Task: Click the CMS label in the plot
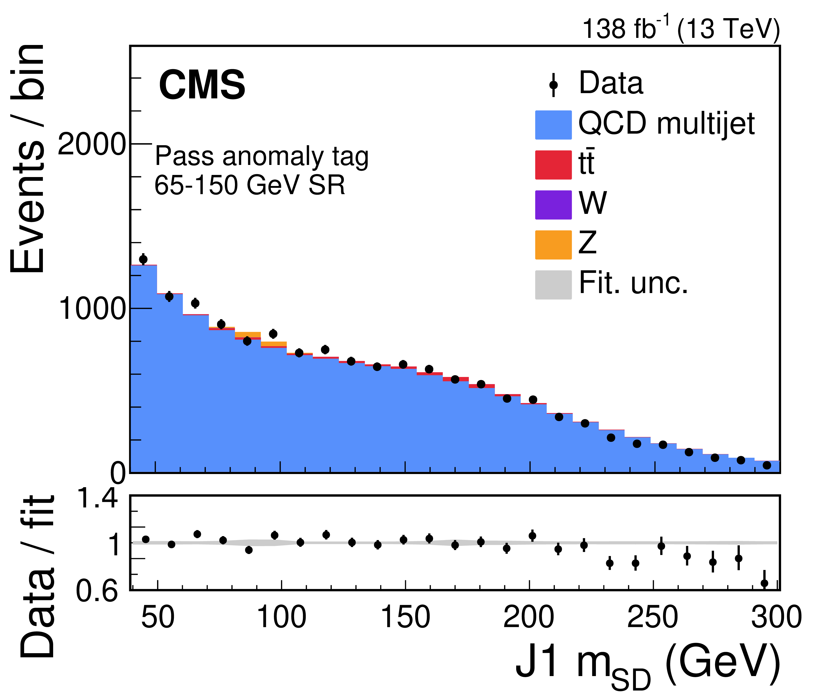pos(202,85)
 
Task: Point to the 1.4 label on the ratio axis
pos(97,498)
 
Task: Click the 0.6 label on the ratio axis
pos(97,591)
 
